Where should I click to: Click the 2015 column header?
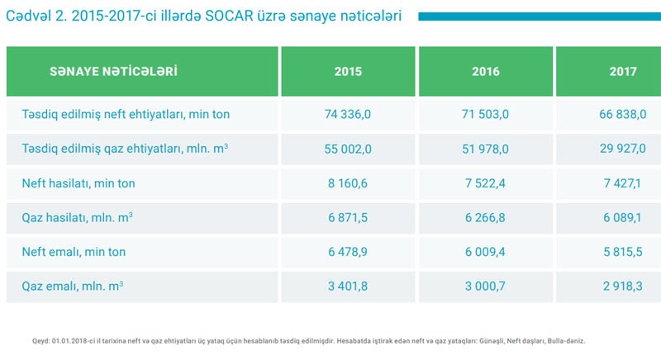click(348, 72)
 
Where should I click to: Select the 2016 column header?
click(486, 72)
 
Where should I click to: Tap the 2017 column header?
click(622, 72)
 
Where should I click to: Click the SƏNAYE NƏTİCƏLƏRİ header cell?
click(114, 71)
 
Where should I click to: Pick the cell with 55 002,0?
click(348, 149)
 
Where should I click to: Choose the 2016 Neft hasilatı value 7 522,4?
click(486, 183)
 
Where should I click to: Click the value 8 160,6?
click(348, 183)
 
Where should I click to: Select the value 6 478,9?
click(348, 252)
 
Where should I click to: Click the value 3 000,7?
click(486, 287)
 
